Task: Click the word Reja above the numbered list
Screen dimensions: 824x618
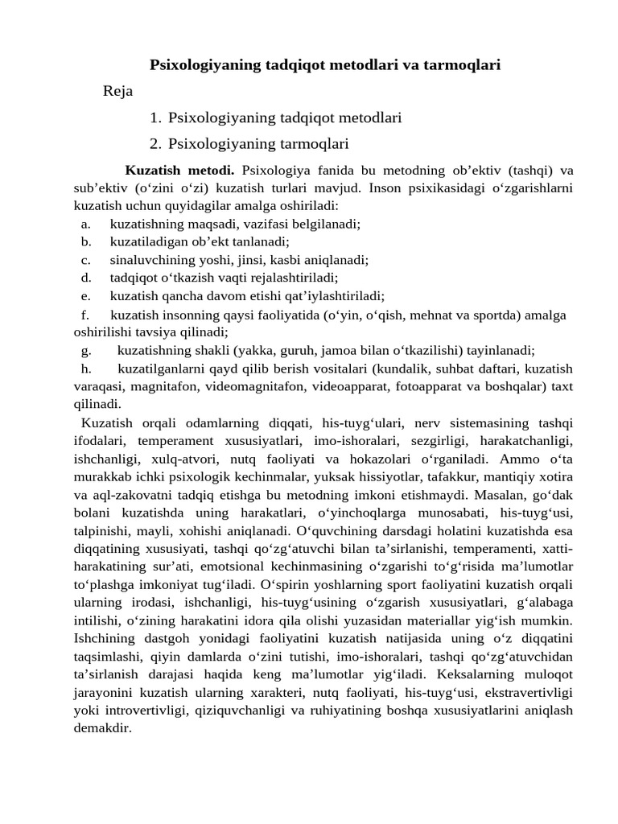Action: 118,91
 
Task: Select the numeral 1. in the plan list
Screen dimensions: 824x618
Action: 156,117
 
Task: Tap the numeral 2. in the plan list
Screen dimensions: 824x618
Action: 156,144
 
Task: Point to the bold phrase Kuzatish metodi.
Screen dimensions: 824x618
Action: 179,171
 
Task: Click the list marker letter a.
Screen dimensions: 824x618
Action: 85,225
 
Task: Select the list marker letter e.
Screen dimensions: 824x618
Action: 85,295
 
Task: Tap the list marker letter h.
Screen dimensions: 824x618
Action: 85,368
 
